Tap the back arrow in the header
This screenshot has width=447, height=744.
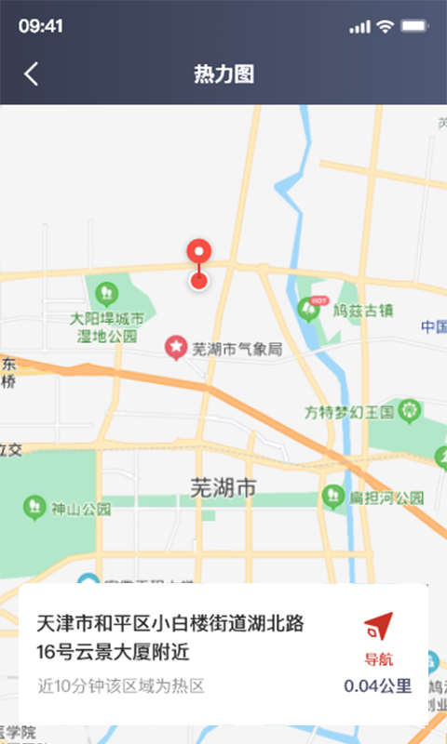32,74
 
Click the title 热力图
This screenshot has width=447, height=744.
223,74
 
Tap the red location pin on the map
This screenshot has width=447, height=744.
198,254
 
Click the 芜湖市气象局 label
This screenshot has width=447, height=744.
236,349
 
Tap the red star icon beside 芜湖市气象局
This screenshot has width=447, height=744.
175,349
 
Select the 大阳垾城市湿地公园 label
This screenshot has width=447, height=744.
106,326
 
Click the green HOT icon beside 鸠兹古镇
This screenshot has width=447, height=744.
312,308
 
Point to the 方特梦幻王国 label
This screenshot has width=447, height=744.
349,410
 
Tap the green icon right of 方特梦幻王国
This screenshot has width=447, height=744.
410,409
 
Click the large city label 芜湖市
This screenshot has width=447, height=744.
223,486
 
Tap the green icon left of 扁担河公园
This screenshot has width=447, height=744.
332,497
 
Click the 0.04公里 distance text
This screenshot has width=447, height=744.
377,686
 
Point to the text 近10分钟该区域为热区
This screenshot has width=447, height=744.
120,686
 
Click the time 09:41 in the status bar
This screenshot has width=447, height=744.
40,26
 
